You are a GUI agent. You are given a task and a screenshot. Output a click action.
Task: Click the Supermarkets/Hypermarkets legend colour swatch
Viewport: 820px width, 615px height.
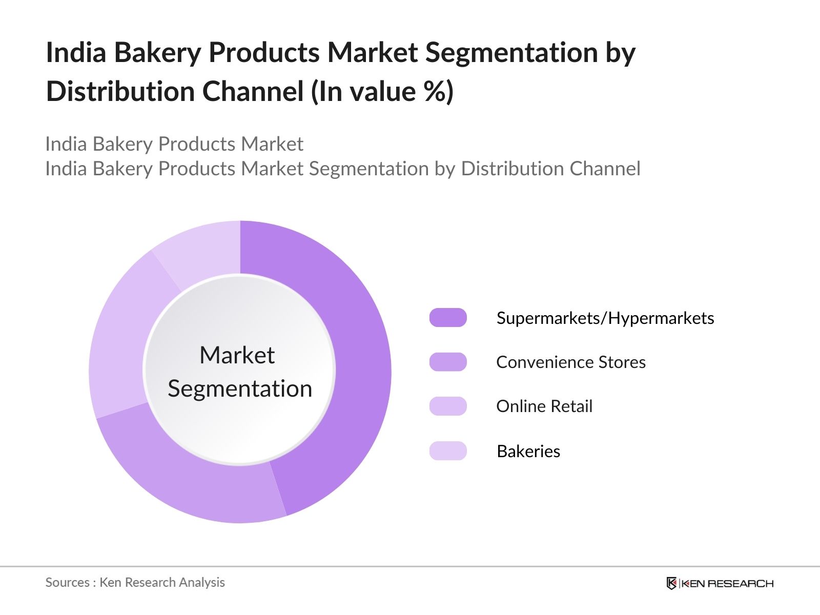pos(448,318)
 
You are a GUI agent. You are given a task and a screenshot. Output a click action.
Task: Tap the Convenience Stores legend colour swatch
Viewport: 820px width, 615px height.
pos(448,362)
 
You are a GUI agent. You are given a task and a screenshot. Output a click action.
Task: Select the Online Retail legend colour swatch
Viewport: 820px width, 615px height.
pos(448,406)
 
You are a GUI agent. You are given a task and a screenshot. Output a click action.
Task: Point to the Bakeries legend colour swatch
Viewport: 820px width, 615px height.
pos(448,451)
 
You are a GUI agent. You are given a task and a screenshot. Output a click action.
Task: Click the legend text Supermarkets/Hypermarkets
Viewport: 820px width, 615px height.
pos(605,318)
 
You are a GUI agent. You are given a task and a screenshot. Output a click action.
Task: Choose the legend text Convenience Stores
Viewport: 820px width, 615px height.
pos(570,362)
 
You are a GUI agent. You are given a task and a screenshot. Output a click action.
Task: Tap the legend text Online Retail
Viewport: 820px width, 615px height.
pos(544,406)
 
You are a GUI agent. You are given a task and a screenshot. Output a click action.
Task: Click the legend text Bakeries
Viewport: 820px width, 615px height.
pos(528,452)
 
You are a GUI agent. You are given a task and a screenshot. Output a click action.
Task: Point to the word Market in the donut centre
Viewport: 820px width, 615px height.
pos(237,355)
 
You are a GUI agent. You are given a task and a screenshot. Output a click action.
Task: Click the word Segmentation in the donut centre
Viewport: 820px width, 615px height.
pos(240,388)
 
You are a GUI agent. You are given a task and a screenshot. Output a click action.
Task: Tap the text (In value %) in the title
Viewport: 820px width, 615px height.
pos(382,92)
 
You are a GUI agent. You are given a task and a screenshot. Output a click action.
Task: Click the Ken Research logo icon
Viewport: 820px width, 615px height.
pos(671,583)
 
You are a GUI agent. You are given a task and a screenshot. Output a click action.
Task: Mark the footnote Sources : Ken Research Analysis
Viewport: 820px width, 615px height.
pos(135,582)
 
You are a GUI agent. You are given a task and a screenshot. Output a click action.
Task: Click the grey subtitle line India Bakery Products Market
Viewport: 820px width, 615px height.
pos(174,144)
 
